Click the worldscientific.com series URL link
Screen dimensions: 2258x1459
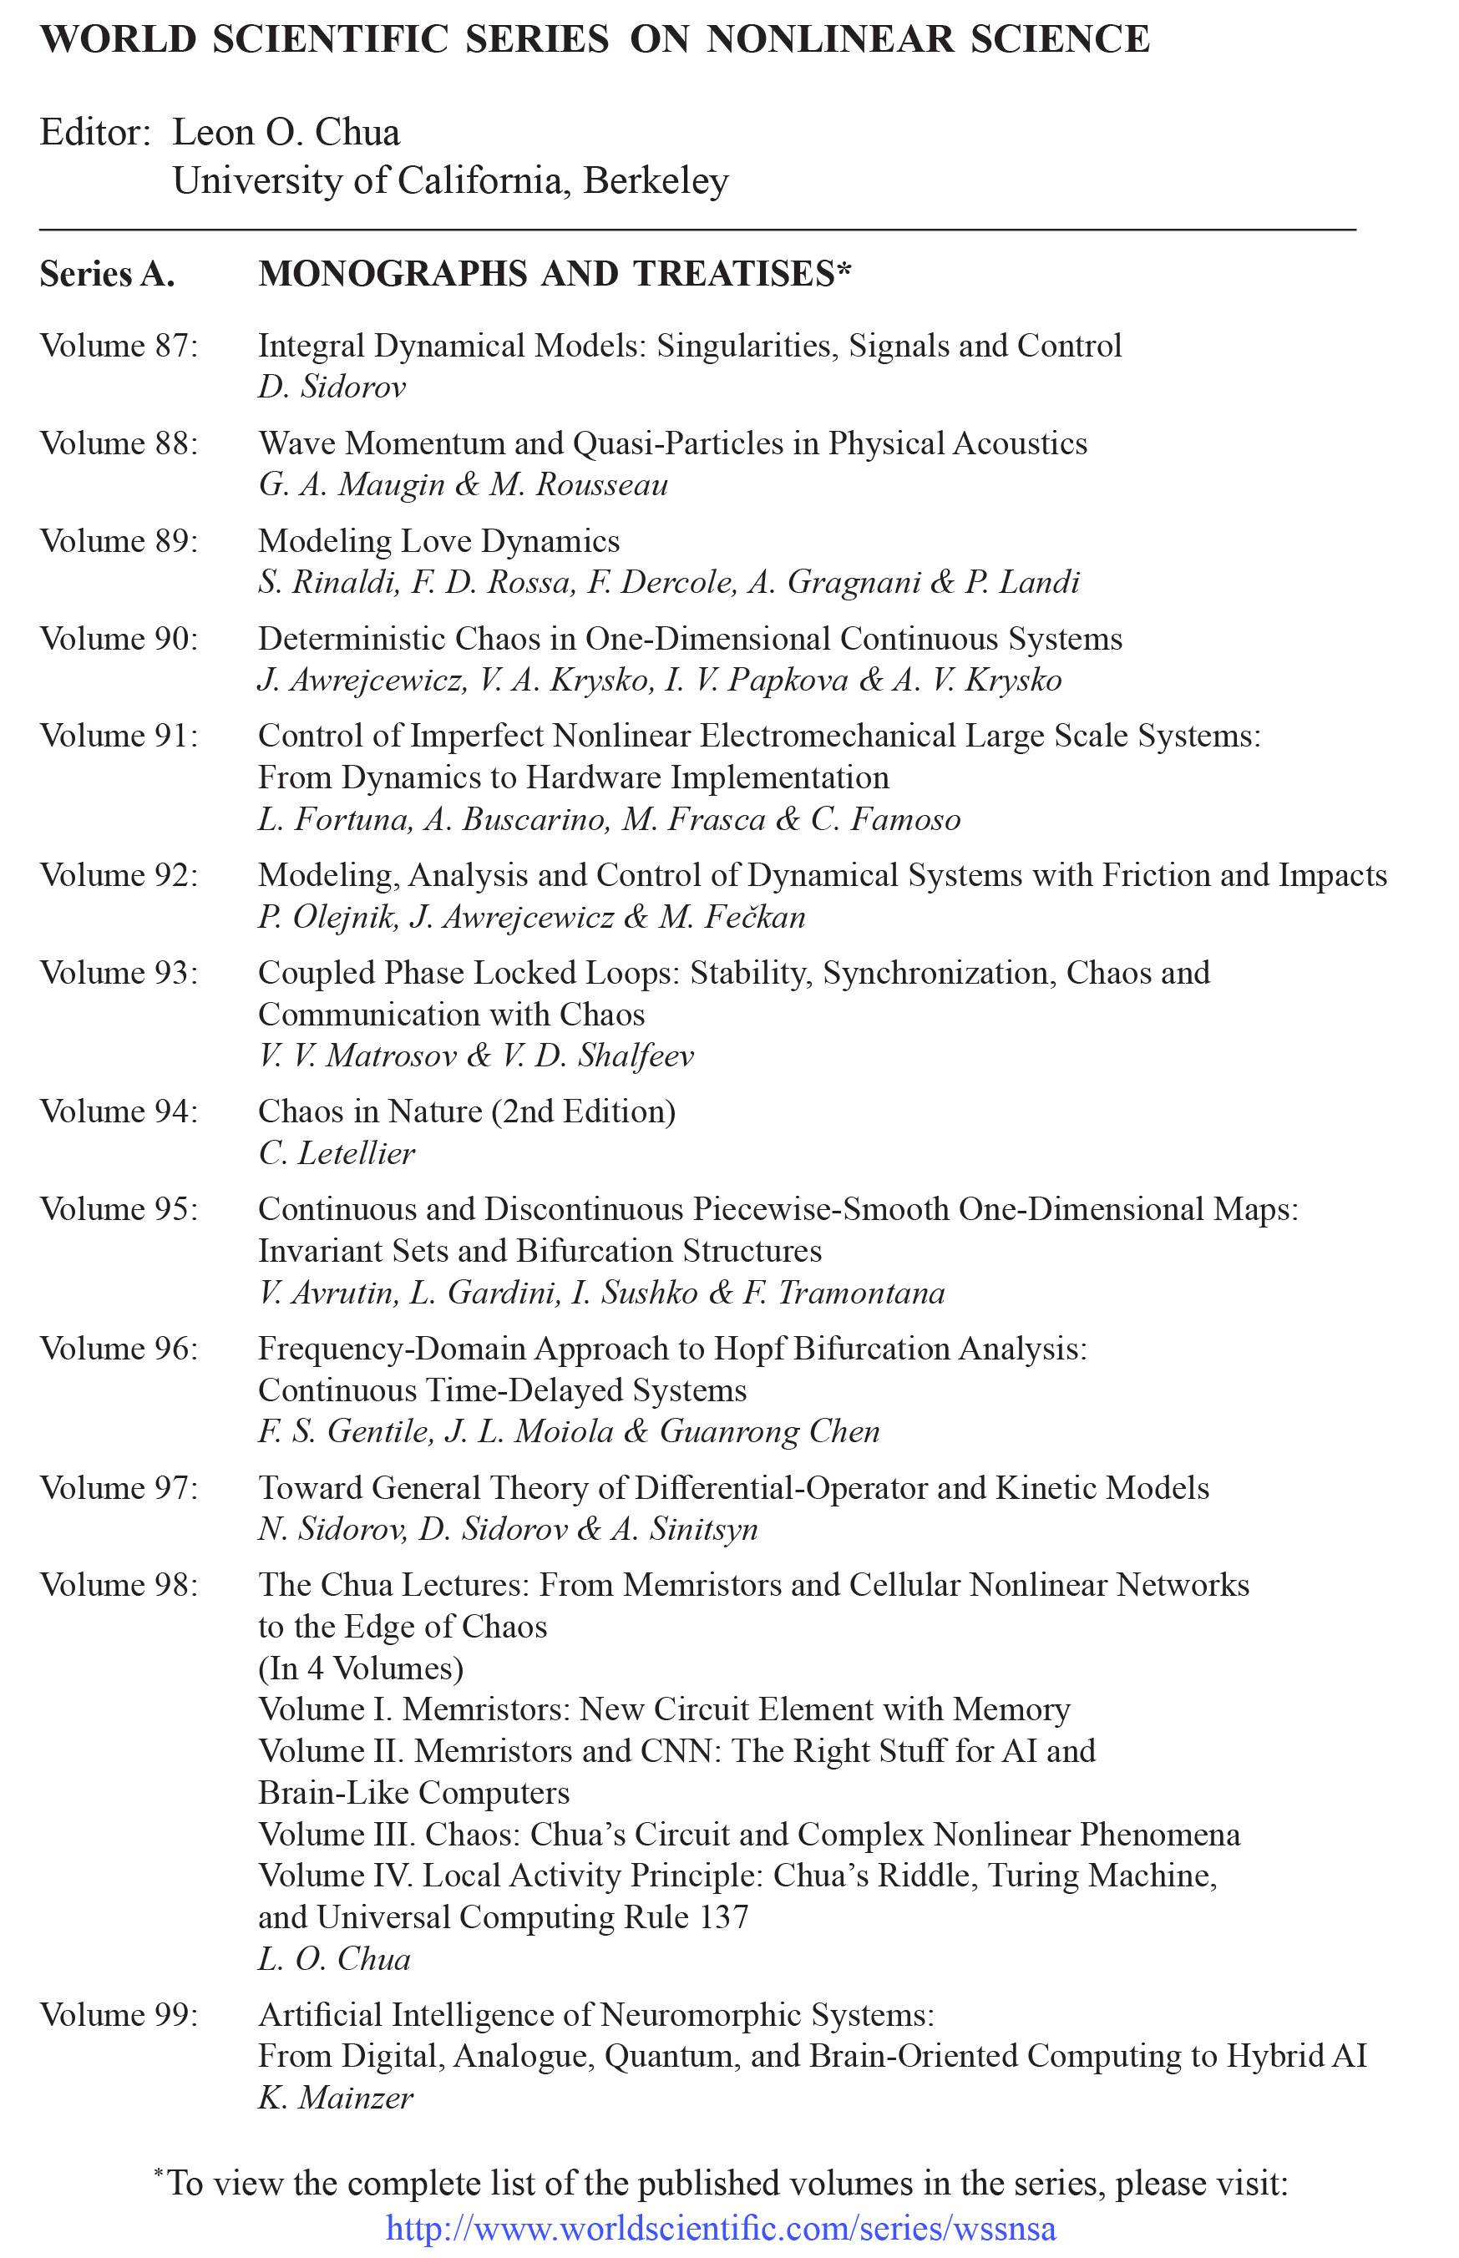coord(720,2228)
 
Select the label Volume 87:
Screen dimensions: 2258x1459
coord(119,346)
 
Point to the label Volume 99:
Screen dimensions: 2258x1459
coord(119,2015)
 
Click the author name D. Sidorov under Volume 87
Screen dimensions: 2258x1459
coord(332,387)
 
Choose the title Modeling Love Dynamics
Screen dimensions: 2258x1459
coord(438,541)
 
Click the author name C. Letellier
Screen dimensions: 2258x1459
coord(337,1152)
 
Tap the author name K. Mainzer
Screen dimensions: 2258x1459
coord(336,2098)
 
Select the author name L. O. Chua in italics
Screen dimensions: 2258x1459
coord(333,1959)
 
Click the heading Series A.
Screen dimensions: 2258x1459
coord(107,274)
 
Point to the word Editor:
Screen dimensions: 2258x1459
coord(94,133)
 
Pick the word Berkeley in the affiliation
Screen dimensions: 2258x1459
coord(656,180)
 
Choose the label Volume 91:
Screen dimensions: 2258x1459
coord(119,736)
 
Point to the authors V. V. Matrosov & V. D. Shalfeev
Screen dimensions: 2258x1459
coord(475,1056)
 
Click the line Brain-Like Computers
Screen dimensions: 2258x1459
coord(414,1792)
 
